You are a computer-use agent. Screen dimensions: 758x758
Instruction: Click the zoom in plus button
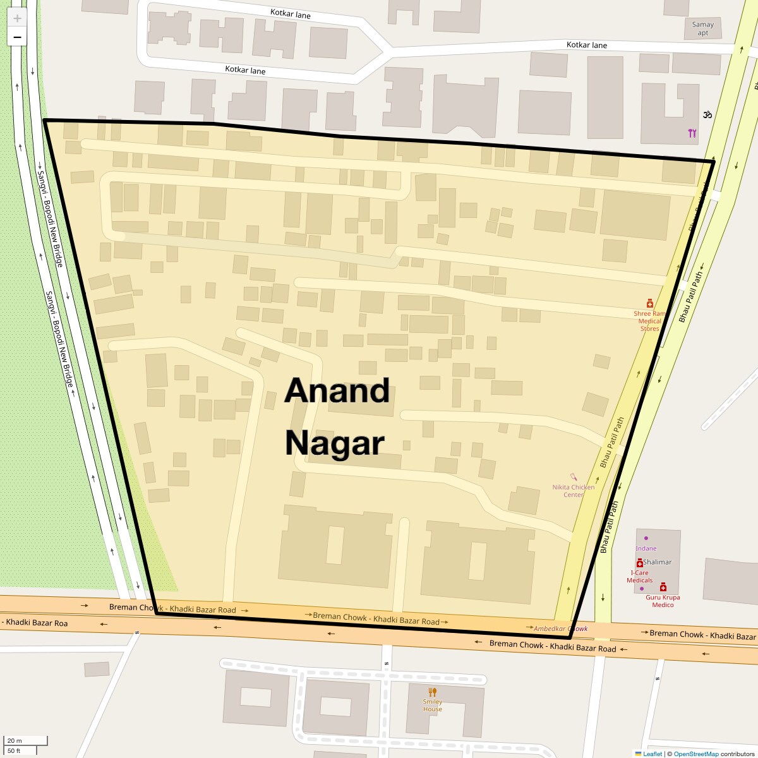coord(17,18)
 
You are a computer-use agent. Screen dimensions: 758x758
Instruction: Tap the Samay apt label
coord(702,29)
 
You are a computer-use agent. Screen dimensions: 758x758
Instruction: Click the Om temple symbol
coord(707,115)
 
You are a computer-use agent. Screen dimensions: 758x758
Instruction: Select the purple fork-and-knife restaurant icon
coord(692,133)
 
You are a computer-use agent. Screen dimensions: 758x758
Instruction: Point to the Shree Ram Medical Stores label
coord(649,321)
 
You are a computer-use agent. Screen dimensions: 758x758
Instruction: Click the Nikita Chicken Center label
coord(574,491)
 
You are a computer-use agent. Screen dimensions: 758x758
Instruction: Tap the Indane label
coord(646,548)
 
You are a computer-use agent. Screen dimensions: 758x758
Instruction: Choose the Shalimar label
coord(657,562)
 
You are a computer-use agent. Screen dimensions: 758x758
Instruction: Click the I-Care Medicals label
coord(639,577)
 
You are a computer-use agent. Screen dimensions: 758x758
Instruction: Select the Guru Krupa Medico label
coord(663,601)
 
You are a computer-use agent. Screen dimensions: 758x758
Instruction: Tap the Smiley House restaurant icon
coord(433,692)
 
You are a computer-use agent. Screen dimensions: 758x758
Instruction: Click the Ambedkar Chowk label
coord(560,629)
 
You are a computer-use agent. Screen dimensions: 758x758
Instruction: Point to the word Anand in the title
coord(337,391)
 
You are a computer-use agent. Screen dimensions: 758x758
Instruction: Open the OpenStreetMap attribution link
coord(695,754)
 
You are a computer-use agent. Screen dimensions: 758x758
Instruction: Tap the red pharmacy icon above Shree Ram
coord(649,304)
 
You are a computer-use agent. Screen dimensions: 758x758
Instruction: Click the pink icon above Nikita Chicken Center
coord(574,477)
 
